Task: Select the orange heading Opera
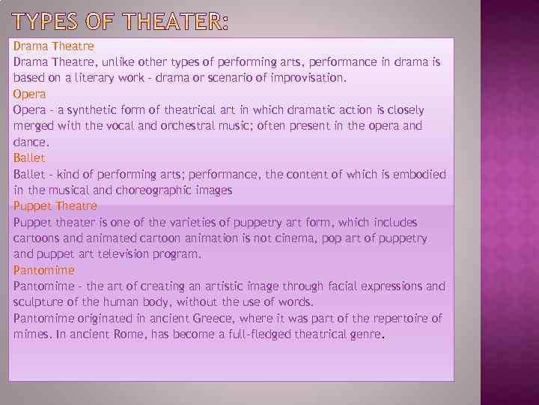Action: click(x=29, y=94)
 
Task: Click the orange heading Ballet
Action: click(x=29, y=157)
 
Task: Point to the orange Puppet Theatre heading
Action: click(x=55, y=205)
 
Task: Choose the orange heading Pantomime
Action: click(x=43, y=270)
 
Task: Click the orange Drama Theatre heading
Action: click(x=53, y=46)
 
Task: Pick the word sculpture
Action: click(x=40, y=302)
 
